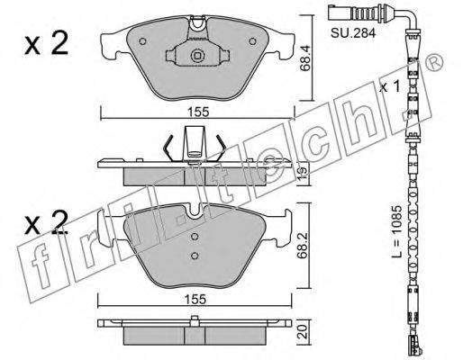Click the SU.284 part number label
coord(353,33)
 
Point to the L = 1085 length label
coord(396,231)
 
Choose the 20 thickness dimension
coord(304,332)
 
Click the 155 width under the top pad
coord(198,112)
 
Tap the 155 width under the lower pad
coord(195,299)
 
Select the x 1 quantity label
coord(389,86)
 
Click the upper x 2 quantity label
coord(46,44)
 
